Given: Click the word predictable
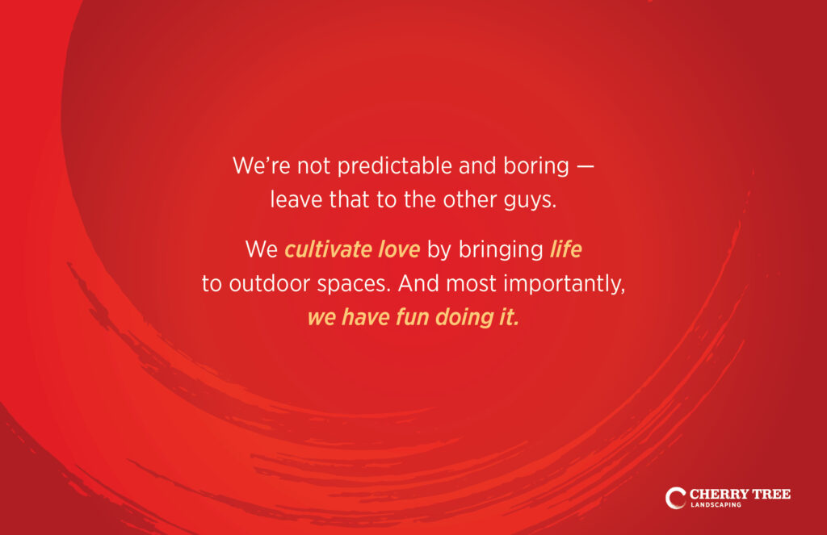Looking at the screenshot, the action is click(x=394, y=166).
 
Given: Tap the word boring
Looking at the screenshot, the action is click(x=536, y=167).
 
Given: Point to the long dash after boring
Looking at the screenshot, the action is click(x=585, y=166).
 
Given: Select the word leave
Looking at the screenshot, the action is click(x=296, y=200).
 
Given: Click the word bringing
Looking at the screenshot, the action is click(x=501, y=250).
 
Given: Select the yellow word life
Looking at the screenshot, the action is click(x=566, y=249).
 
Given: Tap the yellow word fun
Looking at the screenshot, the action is click(x=412, y=317).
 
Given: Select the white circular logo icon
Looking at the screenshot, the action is click(x=674, y=498).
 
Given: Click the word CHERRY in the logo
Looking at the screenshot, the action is click(x=718, y=494).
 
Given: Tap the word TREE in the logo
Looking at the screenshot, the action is click(x=771, y=494).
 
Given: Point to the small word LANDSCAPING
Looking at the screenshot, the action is click(x=716, y=505).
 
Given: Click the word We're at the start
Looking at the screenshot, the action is click(x=261, y=166).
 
